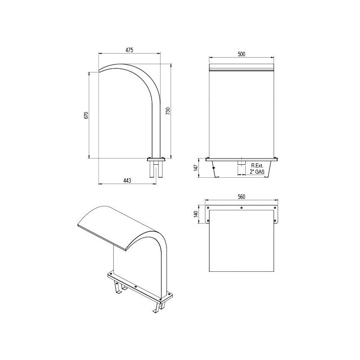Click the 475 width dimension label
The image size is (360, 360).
(129, 50)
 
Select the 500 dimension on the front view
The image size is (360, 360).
(241, 54)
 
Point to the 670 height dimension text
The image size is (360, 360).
(86, 115)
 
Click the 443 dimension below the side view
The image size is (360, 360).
(127, 180)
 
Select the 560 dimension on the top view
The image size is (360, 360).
(241, 197)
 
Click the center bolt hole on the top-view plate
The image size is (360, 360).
(242, 208)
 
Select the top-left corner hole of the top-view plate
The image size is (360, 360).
(208, 207)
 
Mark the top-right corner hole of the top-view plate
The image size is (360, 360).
(275, 207)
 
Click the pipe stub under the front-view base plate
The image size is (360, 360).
(242, 164)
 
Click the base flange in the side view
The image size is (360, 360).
(156, 159)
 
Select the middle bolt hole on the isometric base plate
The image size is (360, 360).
(135, 287)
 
